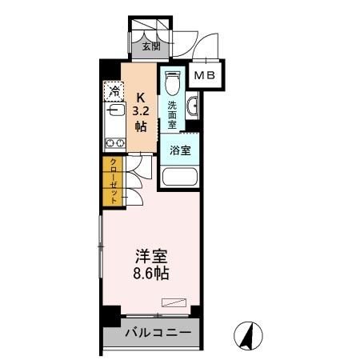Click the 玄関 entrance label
click(x=151, y=46)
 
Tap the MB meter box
click(x=206, y=76)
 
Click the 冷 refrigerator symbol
click(x=115, y=92)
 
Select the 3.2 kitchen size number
click(x=141, y=110)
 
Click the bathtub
click(x=179, y=178)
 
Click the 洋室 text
click(x=150, y=258)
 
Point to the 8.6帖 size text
click(x=150, y=274)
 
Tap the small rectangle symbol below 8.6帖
click(x=172, y=302)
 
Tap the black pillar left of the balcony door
click(x=105, y=317)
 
